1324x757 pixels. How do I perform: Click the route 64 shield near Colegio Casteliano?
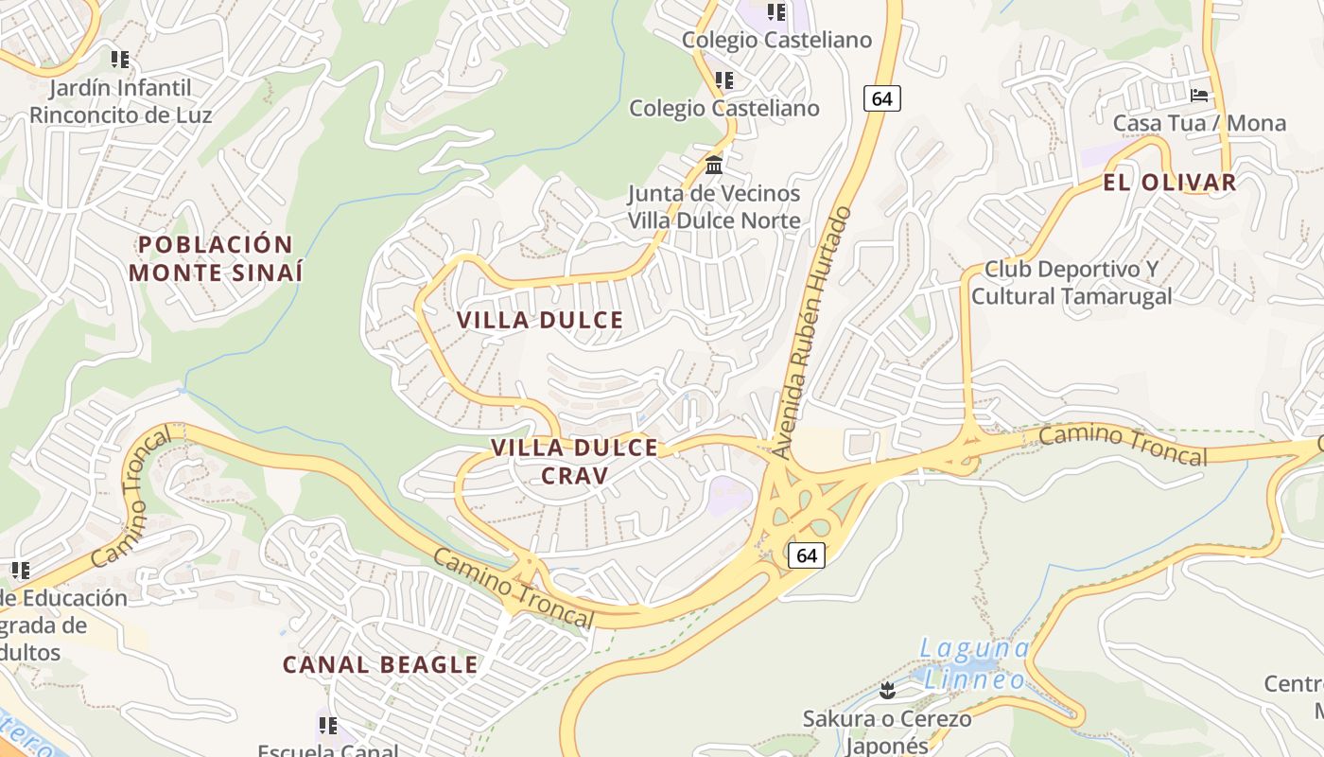click(x=881, y=98)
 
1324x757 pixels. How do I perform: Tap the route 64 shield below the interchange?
click(x=806, y=555)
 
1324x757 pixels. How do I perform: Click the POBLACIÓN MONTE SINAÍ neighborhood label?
click(x=216, y=258)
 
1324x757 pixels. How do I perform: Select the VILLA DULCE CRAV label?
click(x=574, y=461)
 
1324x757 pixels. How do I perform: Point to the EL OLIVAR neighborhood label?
click(x=1170, y=184)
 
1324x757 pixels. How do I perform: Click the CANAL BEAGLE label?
click(x=380, y=664)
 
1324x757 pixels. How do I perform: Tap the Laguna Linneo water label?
click(x=975, y=664)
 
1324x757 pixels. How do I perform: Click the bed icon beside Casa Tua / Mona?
click(x=1199, y=96)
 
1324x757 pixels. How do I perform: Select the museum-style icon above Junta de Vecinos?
click(x=714, y=166)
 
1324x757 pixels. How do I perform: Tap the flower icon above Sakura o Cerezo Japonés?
click(x=886, y=691)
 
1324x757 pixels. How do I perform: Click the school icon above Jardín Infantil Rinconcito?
click(x=119, y=60)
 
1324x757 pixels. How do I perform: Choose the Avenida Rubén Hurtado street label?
click(x=810, y=333)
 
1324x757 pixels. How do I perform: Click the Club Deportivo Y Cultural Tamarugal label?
click(x=1071, y=283)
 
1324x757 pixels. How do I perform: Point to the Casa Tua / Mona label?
click(x=1199, y=123)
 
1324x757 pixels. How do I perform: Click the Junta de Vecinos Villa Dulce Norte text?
click(x=714, y=207)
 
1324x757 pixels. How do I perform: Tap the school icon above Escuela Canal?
click(x=327, y=726)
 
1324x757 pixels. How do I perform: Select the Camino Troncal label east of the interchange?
click(x=1124, y=445)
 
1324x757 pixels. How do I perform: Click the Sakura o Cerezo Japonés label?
click(x=886, y=731)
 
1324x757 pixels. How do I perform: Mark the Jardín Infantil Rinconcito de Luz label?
click(x=120, y=101)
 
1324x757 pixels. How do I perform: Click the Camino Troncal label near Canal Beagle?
click(x=514, y=588)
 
